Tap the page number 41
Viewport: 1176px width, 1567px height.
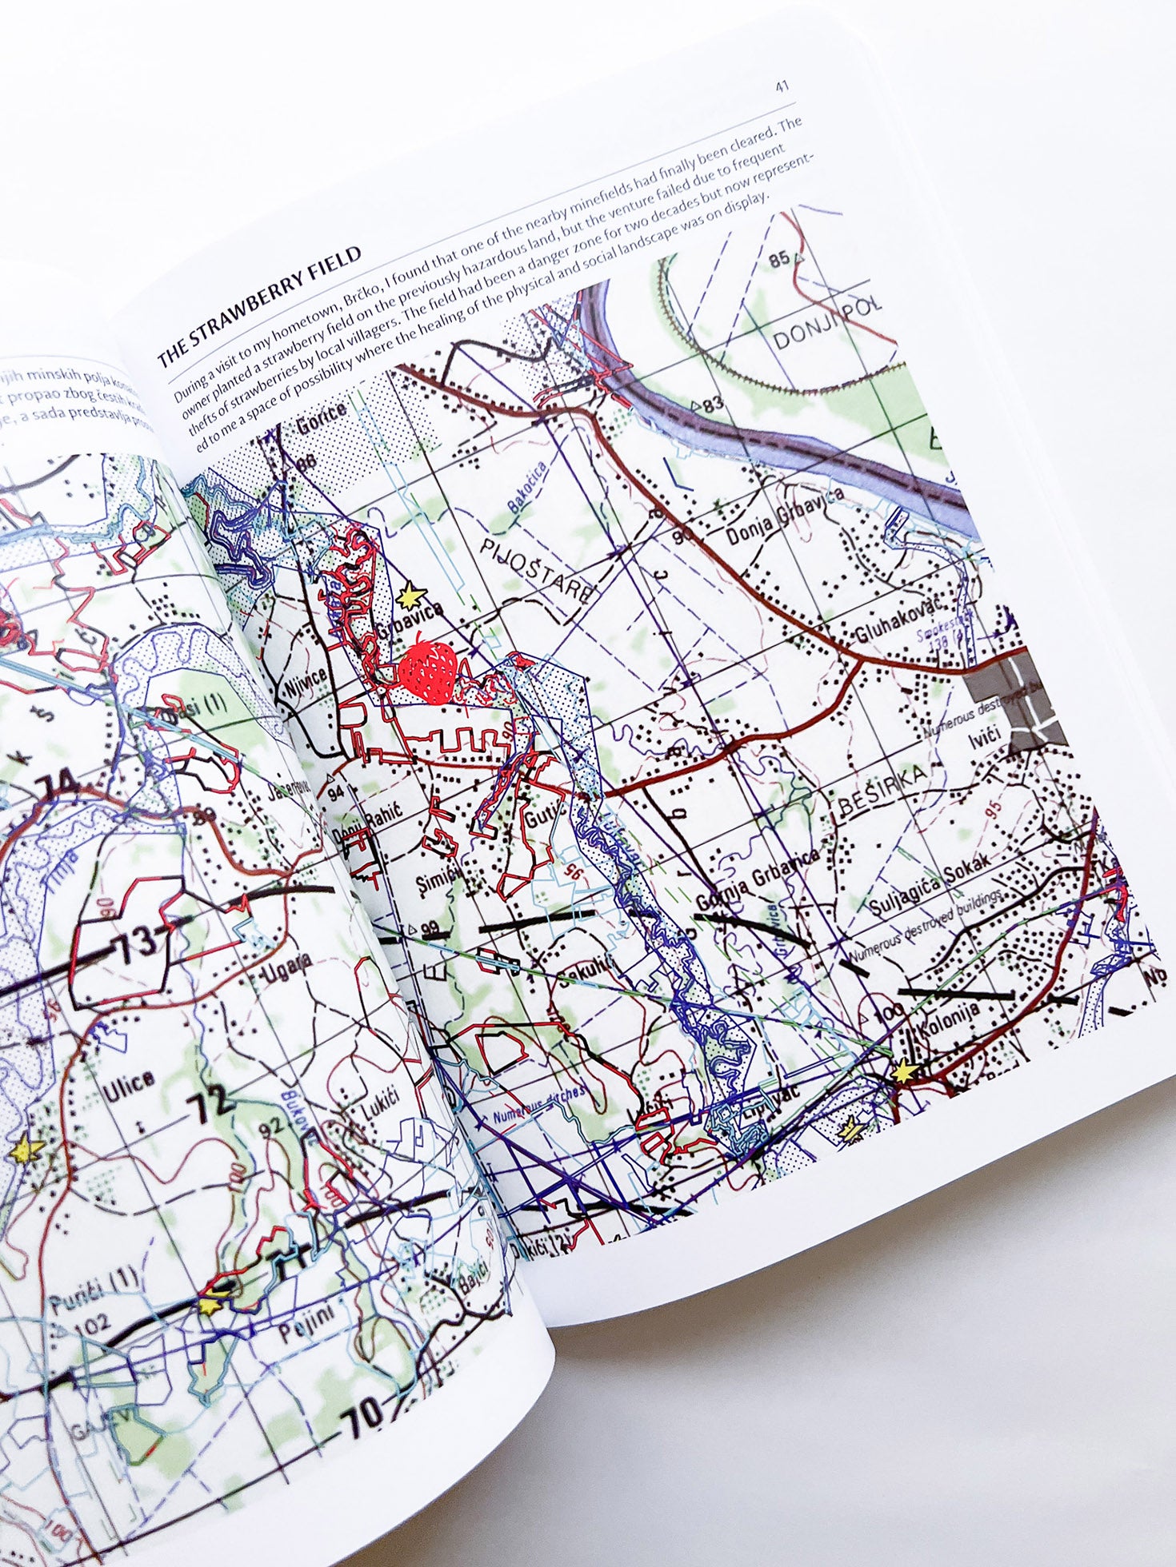782,86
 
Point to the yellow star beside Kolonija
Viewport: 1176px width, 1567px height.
902,1071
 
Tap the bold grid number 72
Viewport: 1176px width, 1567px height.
208,1107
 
